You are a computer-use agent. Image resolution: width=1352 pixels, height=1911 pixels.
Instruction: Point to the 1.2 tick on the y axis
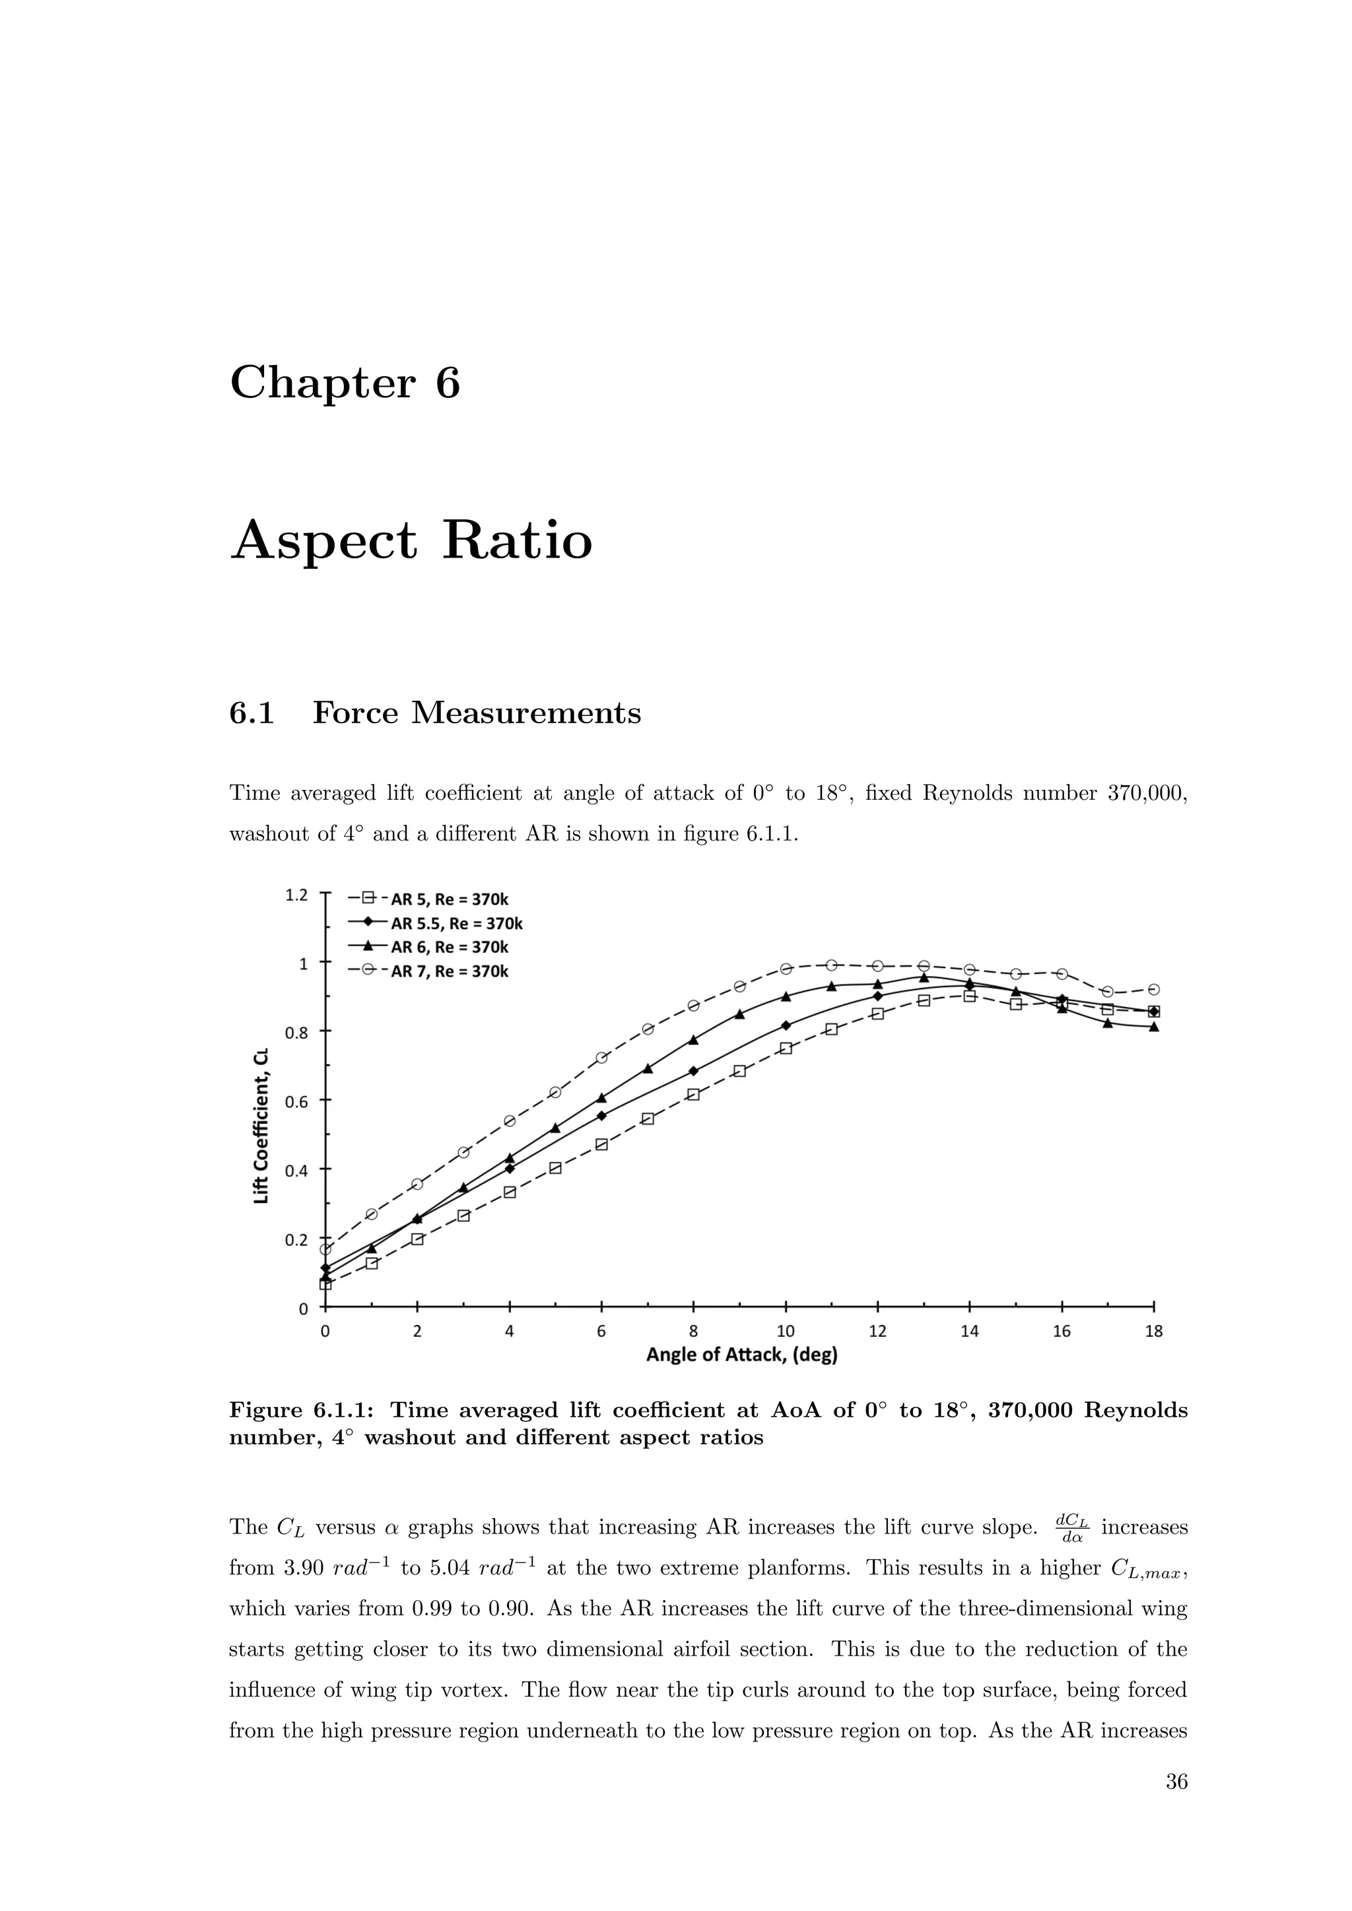click(x=296, y=895)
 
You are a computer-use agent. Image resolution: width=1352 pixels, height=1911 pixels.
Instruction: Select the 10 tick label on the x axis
click(x=785, y=1332)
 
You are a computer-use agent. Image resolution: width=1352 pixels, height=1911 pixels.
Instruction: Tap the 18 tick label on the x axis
click(x=1154, y=1332)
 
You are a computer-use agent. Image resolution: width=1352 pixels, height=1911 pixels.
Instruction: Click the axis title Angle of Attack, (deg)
click(x=742, y=1355)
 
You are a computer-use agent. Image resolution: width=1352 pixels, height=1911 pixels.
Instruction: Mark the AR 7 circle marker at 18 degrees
click(x=1154, y=990)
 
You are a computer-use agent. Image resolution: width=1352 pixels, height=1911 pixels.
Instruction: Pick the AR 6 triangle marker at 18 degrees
click(x=1154, y=1027)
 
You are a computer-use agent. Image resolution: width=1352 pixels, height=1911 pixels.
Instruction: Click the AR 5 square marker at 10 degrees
click(x=785, y=1049)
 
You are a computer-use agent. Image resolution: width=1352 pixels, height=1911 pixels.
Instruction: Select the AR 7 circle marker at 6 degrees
click(x=602, y=1058)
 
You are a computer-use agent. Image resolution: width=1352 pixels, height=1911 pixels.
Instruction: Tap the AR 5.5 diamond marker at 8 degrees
click(x=693, y=1071)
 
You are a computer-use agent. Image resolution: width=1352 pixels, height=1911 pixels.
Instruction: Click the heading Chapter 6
click(x=345, y=383)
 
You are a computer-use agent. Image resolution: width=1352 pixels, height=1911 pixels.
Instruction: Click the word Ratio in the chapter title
click(x=517, y=540)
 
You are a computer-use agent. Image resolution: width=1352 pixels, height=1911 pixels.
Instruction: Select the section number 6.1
click(x=252, y=713)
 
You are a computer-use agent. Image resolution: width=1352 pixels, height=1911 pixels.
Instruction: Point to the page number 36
click(x=1176, y=1782)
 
